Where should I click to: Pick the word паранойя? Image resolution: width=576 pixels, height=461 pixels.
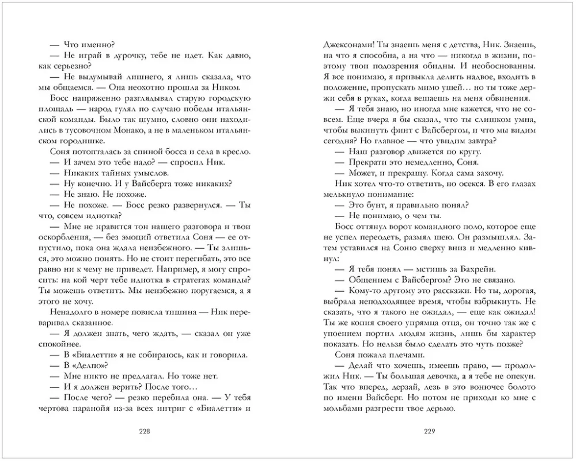coord(97,409)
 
